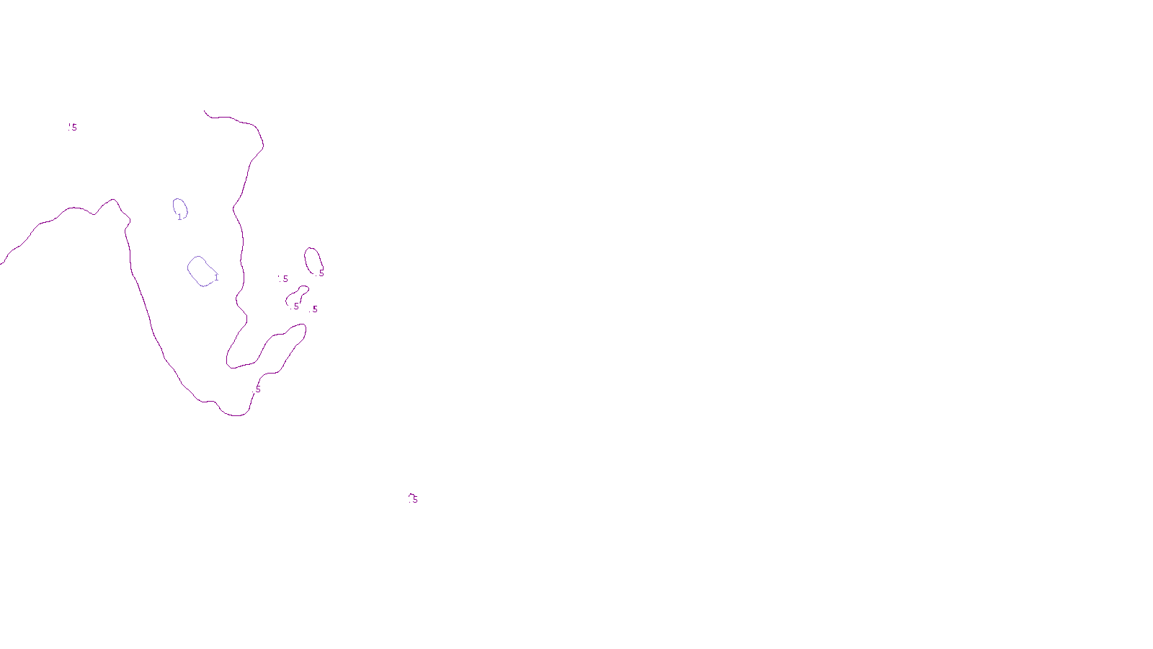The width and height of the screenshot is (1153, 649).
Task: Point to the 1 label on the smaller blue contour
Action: (x=179, y=217)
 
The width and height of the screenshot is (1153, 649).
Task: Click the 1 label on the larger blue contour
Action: (x=216, y=278)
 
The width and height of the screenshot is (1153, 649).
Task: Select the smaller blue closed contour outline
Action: (x=174, y=206)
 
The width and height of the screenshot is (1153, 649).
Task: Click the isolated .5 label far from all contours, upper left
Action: (x=73, y=128)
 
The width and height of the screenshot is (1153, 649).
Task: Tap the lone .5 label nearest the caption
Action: (x=414, y=499)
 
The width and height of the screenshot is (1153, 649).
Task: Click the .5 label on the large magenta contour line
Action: (x=258, y=389)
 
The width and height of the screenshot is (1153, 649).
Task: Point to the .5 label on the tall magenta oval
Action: (x=321, y=273)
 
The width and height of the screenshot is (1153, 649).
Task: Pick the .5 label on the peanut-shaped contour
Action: (x=295, y=306)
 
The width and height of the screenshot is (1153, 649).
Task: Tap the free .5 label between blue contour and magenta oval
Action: (x=284, y=279)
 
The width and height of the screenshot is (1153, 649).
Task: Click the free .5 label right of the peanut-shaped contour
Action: (x=314, y=309)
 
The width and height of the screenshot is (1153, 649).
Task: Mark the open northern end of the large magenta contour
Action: (x=205, y=112)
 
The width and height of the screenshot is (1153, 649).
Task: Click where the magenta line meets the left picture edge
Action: (x=1, y=264)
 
